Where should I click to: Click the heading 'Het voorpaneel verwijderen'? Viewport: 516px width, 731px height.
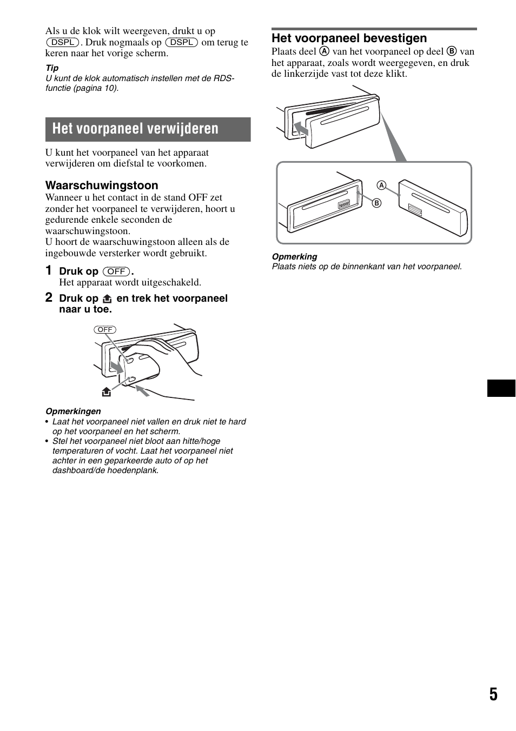pyautogui.click(x=135, y=129)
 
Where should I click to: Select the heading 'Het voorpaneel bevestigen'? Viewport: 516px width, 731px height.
pyautogui.click(x=349, y=38)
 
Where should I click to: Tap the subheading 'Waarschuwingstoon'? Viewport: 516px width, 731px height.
pyautogui.click(x=102, y=185)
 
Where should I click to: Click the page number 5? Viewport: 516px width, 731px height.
pyautogui.click(x=493, y=695)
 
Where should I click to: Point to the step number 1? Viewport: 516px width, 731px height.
pyautogui.click(x=49, y=270)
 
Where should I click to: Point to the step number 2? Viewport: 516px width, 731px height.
pyautogui.click(x=49, y=297)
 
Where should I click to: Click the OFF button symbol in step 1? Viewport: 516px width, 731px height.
pyautogui.click(x=116, y=271)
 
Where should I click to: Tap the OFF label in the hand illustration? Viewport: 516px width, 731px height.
pyautogui.click(x=105, y=330)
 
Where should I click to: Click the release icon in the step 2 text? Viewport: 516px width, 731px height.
pyautogui.click(x=107, y=298)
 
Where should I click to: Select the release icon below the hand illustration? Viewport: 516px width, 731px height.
pyautogui.click(x=107, y=392)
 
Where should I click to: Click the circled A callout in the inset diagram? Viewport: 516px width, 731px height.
pyautogui.click(x=381, y=185)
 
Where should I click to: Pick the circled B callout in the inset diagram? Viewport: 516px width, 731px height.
pyautogui.click(x=376, y=203)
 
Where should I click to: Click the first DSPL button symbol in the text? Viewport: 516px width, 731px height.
pyautogui.click(x=63, y=42)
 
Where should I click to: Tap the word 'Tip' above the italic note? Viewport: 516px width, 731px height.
pyautogui.click(x=52, y=68)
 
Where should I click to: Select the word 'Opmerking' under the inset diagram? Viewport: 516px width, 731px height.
pyautogui.click(x=294, y=257)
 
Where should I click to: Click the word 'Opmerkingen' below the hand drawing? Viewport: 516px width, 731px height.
pyautogui.click(x=73, y=411)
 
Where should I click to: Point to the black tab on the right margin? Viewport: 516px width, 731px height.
pyautogui.click(x=501, y=388)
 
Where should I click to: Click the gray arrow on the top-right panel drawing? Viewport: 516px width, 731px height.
pyautogui.click(x=301, y=129)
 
